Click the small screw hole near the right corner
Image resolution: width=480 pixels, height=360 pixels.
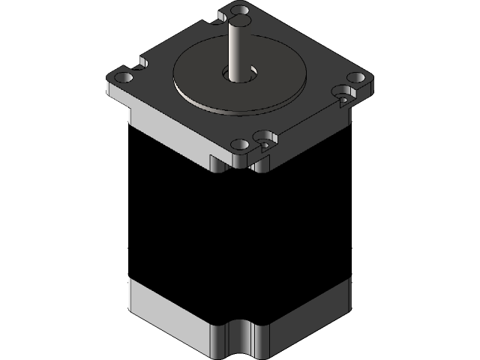click(x=343, y=97)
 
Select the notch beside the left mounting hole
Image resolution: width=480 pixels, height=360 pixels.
click(x=140, y=63)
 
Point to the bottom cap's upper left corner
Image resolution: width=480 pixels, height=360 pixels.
click(x=130, y=278)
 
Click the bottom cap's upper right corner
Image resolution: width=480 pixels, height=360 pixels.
click(x=350, y=277)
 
